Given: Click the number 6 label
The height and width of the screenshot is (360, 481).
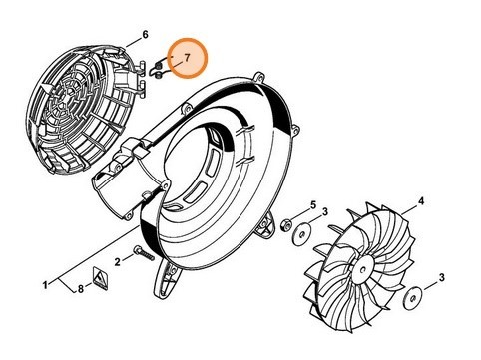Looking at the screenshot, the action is pos(145,35).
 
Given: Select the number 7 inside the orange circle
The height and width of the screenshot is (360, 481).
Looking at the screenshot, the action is pos(185,57).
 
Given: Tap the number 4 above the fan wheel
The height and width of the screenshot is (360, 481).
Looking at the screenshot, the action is pos(421,201).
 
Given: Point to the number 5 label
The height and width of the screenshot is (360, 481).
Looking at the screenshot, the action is pos(312,205).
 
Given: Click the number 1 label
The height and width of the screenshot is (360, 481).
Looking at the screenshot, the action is pos(44,286).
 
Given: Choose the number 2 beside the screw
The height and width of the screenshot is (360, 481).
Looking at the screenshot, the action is pos(117,262).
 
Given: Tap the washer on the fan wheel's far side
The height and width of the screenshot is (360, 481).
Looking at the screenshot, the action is pos(411,295).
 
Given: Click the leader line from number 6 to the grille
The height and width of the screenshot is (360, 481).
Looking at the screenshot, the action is pos(133,42).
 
